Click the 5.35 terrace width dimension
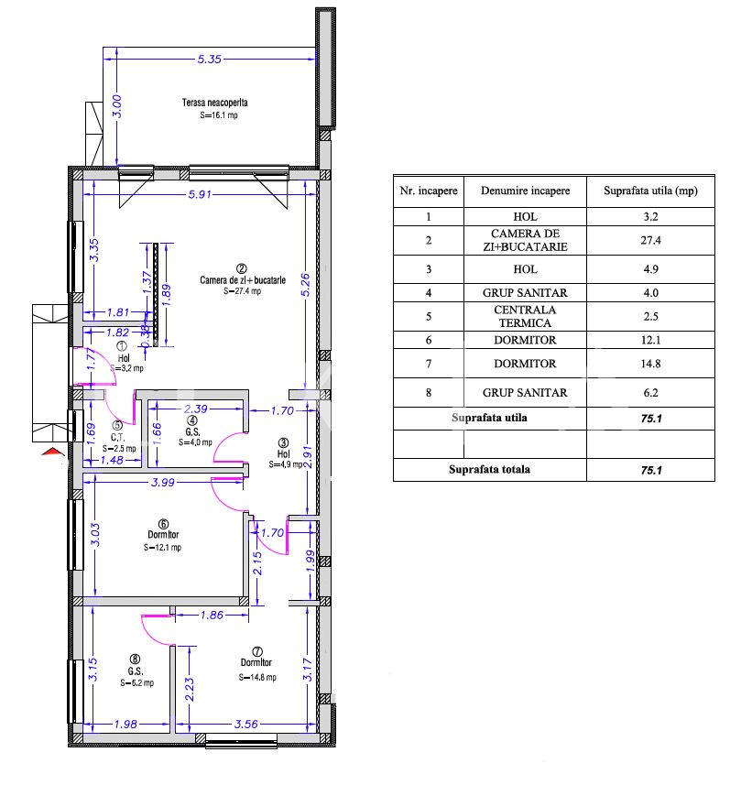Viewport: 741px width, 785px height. click(x=209, y=59)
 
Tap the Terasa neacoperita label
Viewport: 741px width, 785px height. click(x=215, y=103)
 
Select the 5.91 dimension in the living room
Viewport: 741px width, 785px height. click(x=200, y=194)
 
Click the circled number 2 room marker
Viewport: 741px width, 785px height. click(x=241, y=269)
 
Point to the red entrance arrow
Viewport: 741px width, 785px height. click(x=53, y=452)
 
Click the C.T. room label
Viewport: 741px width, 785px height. click(x=117, y=437)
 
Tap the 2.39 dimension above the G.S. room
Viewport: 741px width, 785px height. click(x=196, y=409)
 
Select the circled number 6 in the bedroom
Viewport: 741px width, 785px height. click(x=163, y=524)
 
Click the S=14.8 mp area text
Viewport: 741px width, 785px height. click(x=257, y=677)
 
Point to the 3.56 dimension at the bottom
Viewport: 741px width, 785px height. click(x=246, y=724)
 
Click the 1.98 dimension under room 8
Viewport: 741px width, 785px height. click(x=125, y=724)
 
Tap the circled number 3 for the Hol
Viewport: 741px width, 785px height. click(x=283, y=443)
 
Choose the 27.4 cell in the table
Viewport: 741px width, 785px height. click(x=650, y=240)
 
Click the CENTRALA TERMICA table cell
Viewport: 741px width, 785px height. click(x=525, y=316)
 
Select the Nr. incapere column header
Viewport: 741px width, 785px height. click(x=429, y=191)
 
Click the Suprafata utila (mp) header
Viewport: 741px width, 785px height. click(x=650, y=191)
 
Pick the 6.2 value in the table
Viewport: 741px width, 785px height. click(x=650, y=393)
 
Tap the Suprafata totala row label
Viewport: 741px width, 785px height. click(x=489, y=470)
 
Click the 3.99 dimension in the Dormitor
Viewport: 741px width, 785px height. click(x=163, y=482)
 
